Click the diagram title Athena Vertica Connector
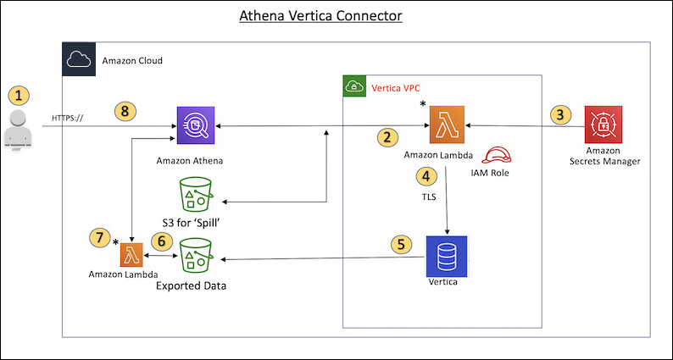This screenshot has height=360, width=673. [337, 15]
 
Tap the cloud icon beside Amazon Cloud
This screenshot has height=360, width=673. [77, 59]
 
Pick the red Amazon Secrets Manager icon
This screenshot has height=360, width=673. [603, 126]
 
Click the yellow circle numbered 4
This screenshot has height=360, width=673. [427, 176]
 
